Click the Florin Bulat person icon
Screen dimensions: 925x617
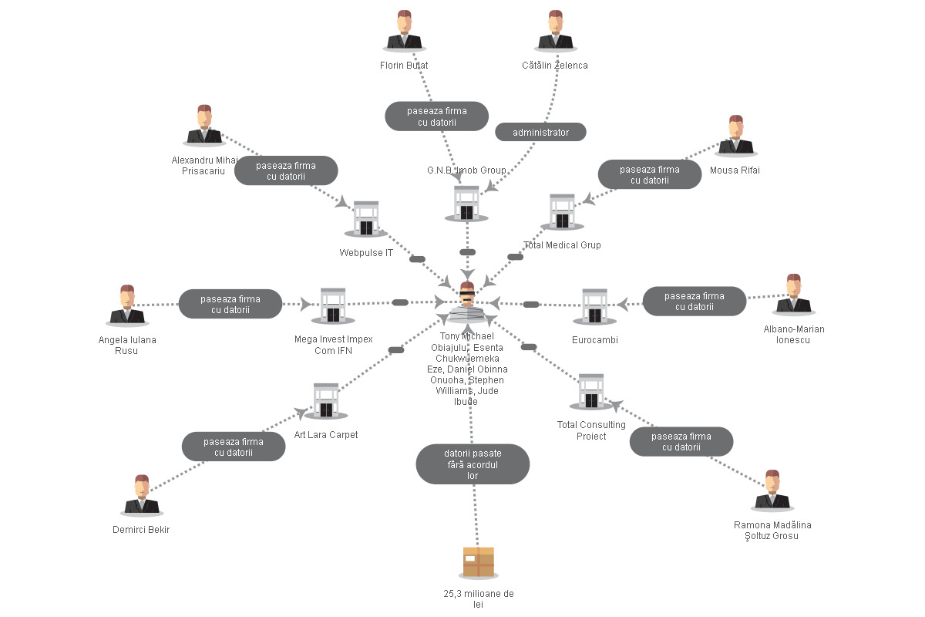(404, 31)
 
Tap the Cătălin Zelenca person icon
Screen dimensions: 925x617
(556, 31)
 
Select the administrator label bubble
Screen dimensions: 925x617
(540, 132)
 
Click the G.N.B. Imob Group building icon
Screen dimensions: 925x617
(466, 204)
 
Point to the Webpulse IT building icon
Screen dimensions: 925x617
(366, 219)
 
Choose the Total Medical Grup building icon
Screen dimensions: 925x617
(562, 212)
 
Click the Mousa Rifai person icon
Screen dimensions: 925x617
(736, 136)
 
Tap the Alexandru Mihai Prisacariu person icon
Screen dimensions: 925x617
(204, 126)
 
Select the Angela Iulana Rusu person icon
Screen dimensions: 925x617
(127, 305)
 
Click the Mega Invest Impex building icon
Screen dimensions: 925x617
(333, 306)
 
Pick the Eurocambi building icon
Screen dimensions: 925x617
(594, 307)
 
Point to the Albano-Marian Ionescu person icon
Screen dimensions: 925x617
(794, 295)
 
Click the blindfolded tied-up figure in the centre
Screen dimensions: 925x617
(467, 302)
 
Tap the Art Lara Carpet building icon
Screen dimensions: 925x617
(326, 401)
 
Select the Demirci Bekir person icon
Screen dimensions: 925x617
(142, 495)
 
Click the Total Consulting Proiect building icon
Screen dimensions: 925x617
(591, 392)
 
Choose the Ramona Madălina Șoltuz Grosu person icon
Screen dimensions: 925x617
(772, 491)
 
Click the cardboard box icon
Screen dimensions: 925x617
(479, 562)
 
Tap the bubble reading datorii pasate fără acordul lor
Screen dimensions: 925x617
(473, 464)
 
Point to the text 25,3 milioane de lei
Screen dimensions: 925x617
(479, 598)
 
